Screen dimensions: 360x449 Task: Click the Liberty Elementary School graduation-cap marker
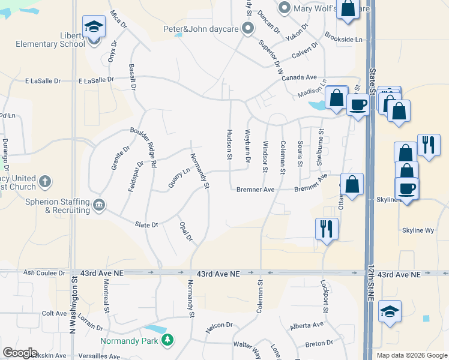pos(94,27)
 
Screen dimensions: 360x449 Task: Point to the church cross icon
pos(44,181)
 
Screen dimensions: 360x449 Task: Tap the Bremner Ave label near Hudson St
pos(254,190)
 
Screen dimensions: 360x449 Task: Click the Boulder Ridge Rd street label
pos(143,148)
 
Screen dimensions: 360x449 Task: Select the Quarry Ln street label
pos(179,177)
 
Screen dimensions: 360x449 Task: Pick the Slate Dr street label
pos(146,224)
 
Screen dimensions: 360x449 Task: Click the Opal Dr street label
pos(185,232)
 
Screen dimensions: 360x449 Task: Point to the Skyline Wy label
pos(418,230)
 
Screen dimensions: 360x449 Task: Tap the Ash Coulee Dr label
pos(44,272)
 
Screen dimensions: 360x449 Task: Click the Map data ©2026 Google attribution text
pos(412,355)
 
